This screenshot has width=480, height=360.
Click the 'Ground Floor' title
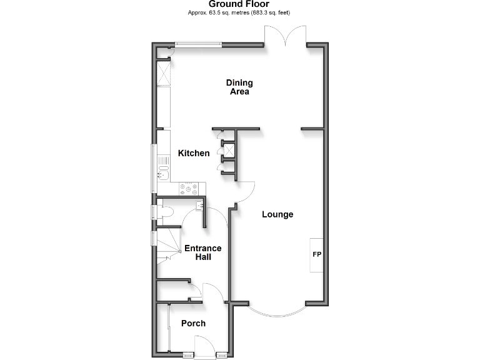point(239,4)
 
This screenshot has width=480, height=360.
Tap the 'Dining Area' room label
point(239,87)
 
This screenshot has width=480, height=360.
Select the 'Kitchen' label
point(194,153)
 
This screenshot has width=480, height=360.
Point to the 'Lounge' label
point(277,214)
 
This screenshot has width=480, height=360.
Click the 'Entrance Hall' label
point(202,252)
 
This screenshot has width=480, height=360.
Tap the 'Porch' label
point(193,323)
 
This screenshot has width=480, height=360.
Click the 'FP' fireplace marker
point(316,255)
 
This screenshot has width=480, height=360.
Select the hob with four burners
point(189,187)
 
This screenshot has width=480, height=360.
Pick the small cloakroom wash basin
point(199,206)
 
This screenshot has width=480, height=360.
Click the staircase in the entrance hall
point(167,247)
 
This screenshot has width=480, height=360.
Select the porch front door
point(204,346)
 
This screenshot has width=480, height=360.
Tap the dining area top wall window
point(197,44)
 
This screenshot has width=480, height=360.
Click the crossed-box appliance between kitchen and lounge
point(228,150)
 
